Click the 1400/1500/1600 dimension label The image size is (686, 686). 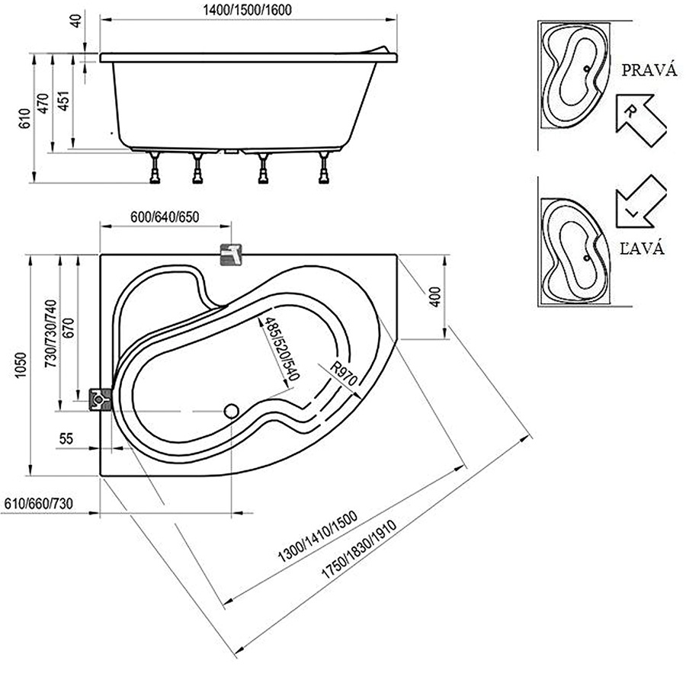coord(247,10)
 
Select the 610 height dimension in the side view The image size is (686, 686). coord(25,118)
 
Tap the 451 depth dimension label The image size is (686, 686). coord(64,101)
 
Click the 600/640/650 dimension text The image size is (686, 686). coord(165,216)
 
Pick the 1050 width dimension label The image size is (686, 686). coord(21,365)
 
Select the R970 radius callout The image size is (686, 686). coord(344,373)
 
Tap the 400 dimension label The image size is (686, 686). coord(435,297)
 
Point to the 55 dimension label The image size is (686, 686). coord(66,438)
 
